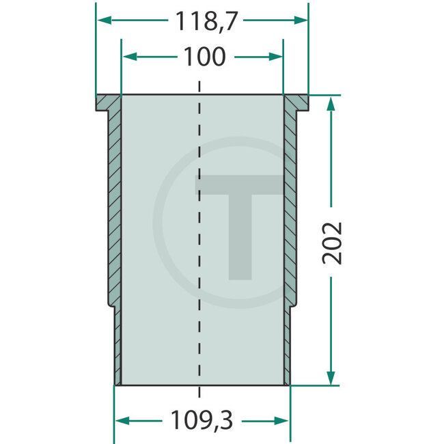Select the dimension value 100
(204, 57)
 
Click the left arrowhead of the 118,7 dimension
(103, 21)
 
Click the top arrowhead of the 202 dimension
(331, 103)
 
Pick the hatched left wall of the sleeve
(114, 205)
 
